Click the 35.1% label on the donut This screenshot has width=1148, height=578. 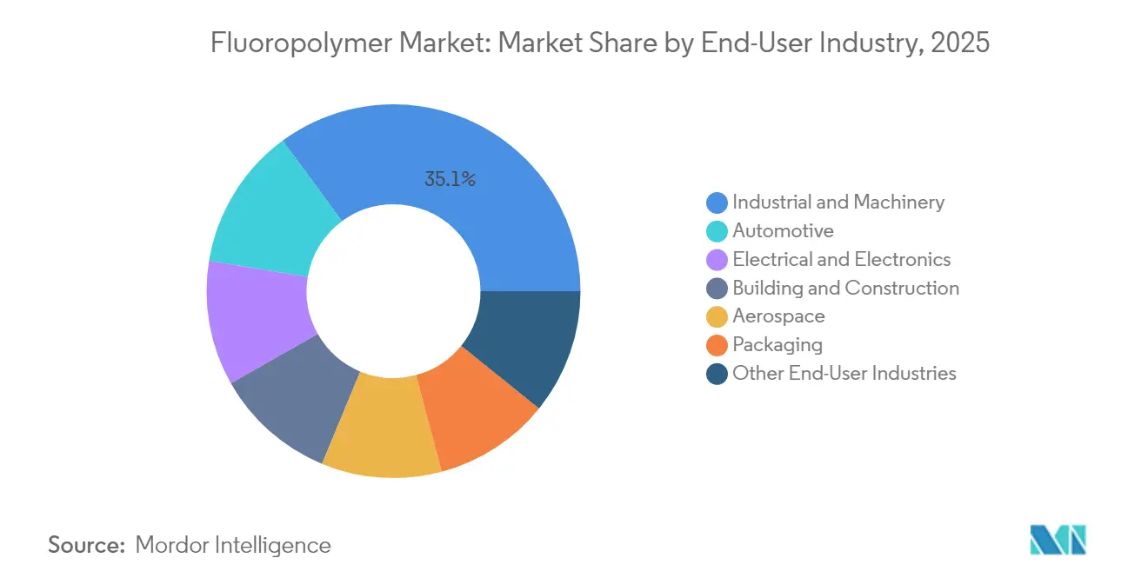[x=450, y=180]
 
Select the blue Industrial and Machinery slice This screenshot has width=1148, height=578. [x=487, y=191]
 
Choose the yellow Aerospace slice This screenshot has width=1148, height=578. [x=383, y=430]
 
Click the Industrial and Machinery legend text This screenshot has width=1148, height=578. [x=838, y=203]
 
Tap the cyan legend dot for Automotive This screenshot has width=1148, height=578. [x=717, y=231]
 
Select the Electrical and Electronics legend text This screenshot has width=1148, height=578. [x=841, y=260]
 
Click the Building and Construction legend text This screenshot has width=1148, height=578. [x=845, y=289]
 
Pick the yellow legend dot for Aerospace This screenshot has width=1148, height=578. [x=717, y=317]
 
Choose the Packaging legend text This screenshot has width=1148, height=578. [x=777, y=345]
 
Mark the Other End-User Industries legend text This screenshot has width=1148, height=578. [x=844, y=374]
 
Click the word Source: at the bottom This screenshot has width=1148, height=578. [x=86, y=545]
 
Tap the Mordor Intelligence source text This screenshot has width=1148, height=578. [x=233, y=545]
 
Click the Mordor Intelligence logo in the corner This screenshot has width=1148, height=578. [x=1058, y=540]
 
